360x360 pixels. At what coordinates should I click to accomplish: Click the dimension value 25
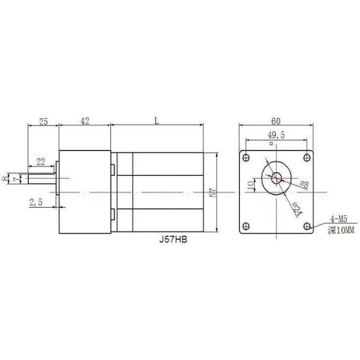(43, 122)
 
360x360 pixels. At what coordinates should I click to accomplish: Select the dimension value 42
(84, 122)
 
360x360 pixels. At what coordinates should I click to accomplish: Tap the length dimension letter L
(156, 121)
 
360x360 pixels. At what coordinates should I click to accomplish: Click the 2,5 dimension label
(35, 202)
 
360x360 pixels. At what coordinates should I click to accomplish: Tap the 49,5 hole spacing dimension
(276, 136)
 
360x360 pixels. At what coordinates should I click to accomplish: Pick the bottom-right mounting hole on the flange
(307, 227)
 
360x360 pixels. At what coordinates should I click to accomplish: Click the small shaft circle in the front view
(277, 177)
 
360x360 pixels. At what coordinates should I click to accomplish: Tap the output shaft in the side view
(42, 178)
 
